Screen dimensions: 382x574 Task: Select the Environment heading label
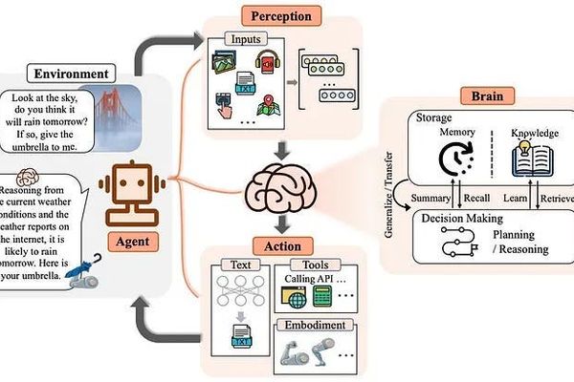click(69, 74)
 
